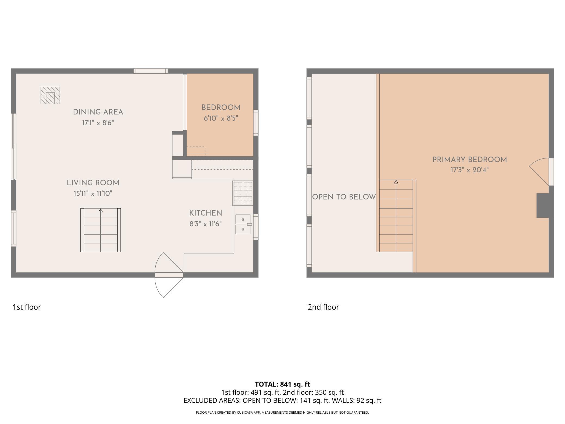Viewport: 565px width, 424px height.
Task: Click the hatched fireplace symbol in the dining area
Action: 50,95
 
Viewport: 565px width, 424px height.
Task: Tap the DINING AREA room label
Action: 98,112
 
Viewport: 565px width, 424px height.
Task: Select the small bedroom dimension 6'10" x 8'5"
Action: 221,118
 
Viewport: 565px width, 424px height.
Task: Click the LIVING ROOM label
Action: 93,183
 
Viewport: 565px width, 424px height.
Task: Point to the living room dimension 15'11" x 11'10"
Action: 93,194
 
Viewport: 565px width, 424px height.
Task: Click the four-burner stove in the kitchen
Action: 243,193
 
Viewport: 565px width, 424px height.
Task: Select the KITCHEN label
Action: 206,213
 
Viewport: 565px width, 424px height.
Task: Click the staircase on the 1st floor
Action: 101,230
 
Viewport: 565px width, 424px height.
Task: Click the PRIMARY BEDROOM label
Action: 470,160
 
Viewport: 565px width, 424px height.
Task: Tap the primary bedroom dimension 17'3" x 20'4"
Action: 470,170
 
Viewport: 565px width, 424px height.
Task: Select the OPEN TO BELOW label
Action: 344,197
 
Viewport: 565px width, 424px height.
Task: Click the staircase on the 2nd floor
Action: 396,216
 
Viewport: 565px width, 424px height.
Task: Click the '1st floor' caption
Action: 27,307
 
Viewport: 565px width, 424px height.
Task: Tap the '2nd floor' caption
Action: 323,307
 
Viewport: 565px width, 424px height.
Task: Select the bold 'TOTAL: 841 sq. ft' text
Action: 282,384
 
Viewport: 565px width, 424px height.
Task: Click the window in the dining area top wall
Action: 150,71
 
